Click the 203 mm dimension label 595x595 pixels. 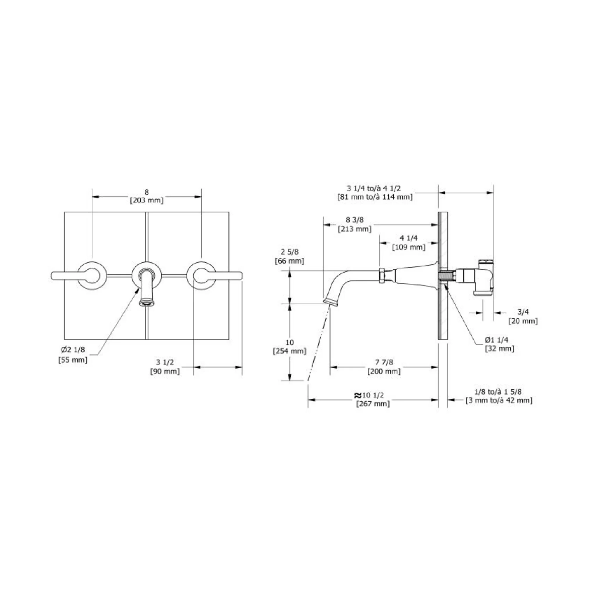147,200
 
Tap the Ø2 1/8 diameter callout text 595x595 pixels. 73,350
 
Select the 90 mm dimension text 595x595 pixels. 165,371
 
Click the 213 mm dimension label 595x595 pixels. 355,229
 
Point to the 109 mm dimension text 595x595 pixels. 409,247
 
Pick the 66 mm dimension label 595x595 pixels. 289,261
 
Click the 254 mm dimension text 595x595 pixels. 289,351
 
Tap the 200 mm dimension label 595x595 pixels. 384,371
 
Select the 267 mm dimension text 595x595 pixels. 373,404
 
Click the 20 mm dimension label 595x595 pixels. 523,321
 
